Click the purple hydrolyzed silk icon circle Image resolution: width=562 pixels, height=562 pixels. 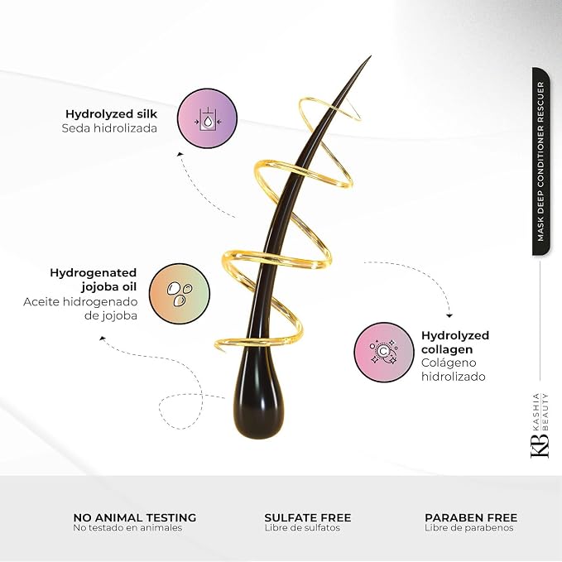coord(208,118)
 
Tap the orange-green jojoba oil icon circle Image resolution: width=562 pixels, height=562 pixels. coord(180,294)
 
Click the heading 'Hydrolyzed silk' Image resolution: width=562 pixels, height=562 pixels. coord(111,114)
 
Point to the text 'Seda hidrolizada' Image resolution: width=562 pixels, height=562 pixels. coord(109,128)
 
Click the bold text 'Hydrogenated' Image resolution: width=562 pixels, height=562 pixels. coord(94,273)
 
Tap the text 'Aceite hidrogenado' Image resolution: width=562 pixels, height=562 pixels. coord(80,302)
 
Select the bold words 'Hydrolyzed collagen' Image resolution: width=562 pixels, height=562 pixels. coord(455,343)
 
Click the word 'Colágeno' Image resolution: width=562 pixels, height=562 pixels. coord(449,363)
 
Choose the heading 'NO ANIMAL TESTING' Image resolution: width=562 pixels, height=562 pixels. coord(135,517)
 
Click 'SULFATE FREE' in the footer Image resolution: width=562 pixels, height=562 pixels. coord(308,517)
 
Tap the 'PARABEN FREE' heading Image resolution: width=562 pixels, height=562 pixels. coord(471,517)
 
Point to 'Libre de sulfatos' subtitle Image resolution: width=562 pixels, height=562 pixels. coord(302,528)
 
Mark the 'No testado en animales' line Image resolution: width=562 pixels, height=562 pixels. coord(127,528)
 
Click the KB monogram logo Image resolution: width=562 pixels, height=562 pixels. coord(539,445)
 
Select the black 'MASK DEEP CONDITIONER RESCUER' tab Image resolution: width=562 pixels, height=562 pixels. coord(540,161)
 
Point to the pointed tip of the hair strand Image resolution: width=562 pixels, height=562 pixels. coord(370,56)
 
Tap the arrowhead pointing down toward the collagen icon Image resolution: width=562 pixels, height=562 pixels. coord(449,315)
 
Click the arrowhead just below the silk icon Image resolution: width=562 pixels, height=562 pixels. coord(180,155)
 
